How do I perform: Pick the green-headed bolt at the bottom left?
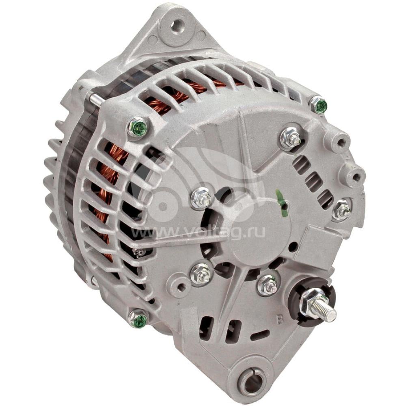click(139, 320)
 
